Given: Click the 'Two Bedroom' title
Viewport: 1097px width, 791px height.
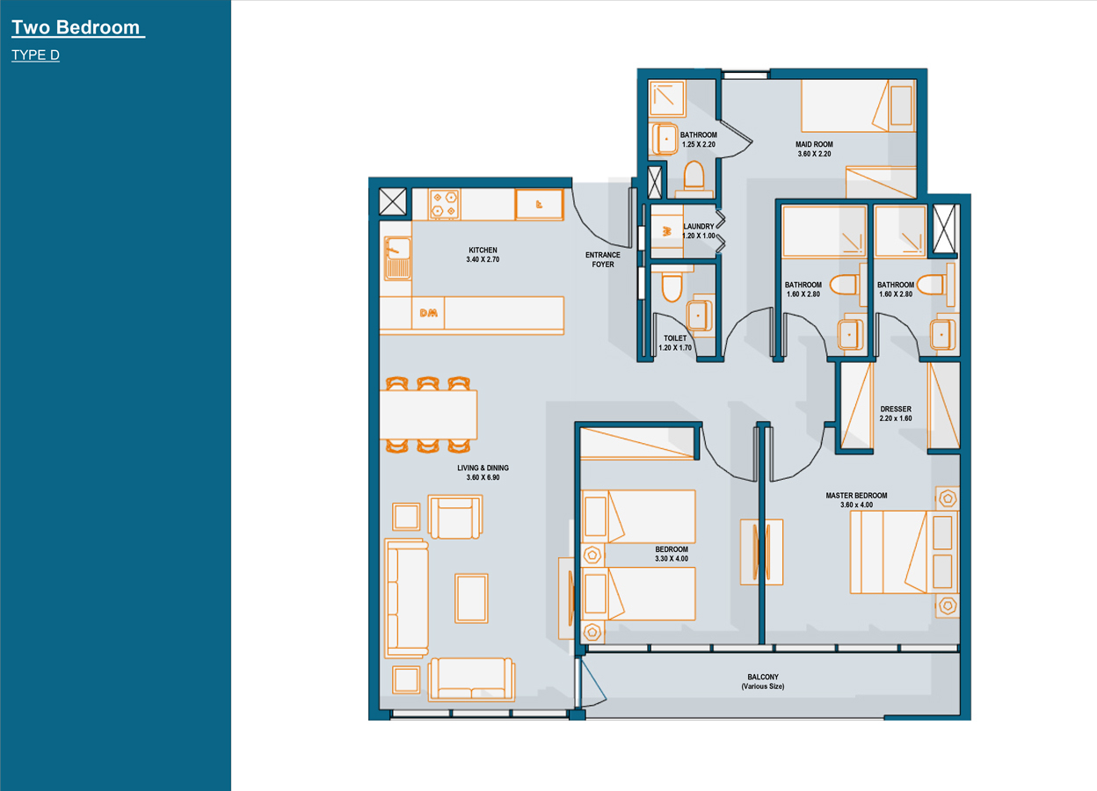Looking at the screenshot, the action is click(x=76, y=27).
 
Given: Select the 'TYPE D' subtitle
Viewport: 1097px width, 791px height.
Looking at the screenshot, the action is click(x=35, y=54).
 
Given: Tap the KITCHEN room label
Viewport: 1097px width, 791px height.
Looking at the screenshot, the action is click(x=483, y=250).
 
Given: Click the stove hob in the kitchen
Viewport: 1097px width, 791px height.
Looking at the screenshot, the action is click(x=444, y=204).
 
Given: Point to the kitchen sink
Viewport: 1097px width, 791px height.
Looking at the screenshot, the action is click(x=397, y=258).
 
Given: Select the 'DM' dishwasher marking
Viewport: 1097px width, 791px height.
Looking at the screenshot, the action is click(x=429, y=313).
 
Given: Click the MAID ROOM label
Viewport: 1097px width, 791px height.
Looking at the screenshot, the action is click(x=814, y=144).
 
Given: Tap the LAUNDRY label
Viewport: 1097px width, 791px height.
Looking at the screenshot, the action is click(x=699, y=226).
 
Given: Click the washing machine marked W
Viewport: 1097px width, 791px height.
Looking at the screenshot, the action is click(x=666, y=231).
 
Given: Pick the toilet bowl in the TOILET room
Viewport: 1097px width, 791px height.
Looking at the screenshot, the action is click(x=672, y=287).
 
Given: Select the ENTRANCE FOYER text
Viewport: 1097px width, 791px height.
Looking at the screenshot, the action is click(x=603, y=259).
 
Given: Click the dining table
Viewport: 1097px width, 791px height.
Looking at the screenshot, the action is click(x=429, y=414).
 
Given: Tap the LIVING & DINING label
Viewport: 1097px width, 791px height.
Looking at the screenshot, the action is click(x=483, y=468).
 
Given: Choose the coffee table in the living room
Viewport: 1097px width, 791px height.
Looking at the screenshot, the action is click(x=471, y=599).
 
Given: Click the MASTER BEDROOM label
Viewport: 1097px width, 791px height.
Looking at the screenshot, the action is click(x=856, y=495).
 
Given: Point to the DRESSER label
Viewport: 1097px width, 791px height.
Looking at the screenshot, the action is click(x=896, y=409).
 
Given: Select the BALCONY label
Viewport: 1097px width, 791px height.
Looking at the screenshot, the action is click(x=763, y=677).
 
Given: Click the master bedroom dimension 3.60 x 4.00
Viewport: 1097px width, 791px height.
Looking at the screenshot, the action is click(x=856, y=504).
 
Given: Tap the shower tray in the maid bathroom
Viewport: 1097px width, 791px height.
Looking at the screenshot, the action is click(x=667, y=98).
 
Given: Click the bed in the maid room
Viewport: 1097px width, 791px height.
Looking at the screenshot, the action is click(x=859, y=106).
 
